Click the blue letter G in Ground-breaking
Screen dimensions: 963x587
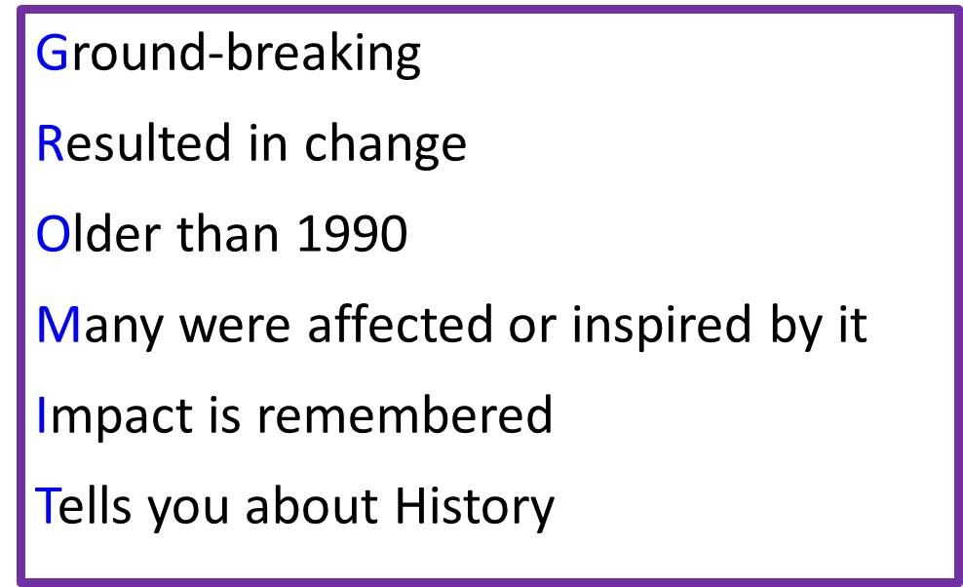[x=52, y=53]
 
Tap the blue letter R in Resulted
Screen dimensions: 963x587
[x=50, y=144]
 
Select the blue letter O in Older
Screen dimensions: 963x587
[x=53, y=234]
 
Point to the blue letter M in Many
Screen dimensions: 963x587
[x=58, y=325]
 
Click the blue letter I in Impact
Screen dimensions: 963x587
[x=42, y=415]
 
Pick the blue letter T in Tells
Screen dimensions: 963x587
[x=48, y=506]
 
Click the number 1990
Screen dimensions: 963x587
[x=352, y=234]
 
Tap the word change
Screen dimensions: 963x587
[x=385, y=146]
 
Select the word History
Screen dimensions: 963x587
[x=474, y=509]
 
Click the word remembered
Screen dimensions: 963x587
[x=404, y=414]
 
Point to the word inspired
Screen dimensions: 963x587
[x=662, y=326]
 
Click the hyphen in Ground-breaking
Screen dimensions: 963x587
[x=215, y=56]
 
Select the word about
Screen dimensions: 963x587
[x=311, y=505]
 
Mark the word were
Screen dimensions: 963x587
[x=235, y=328]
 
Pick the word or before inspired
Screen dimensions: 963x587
[x=532, y=328]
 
